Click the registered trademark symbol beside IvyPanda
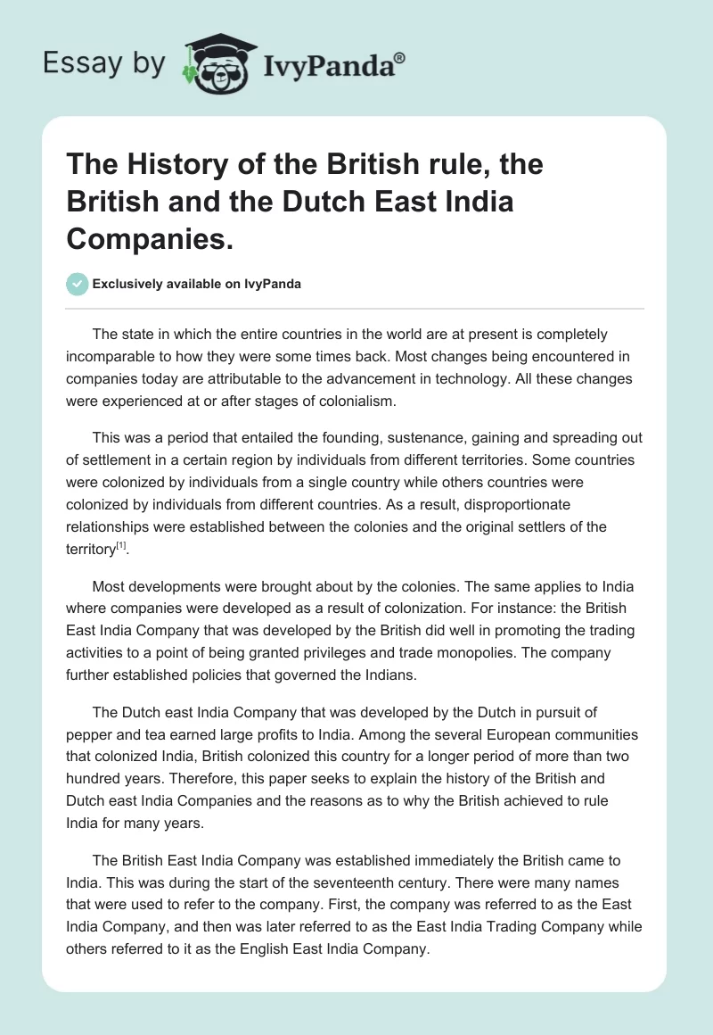click(x=400, y=58)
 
